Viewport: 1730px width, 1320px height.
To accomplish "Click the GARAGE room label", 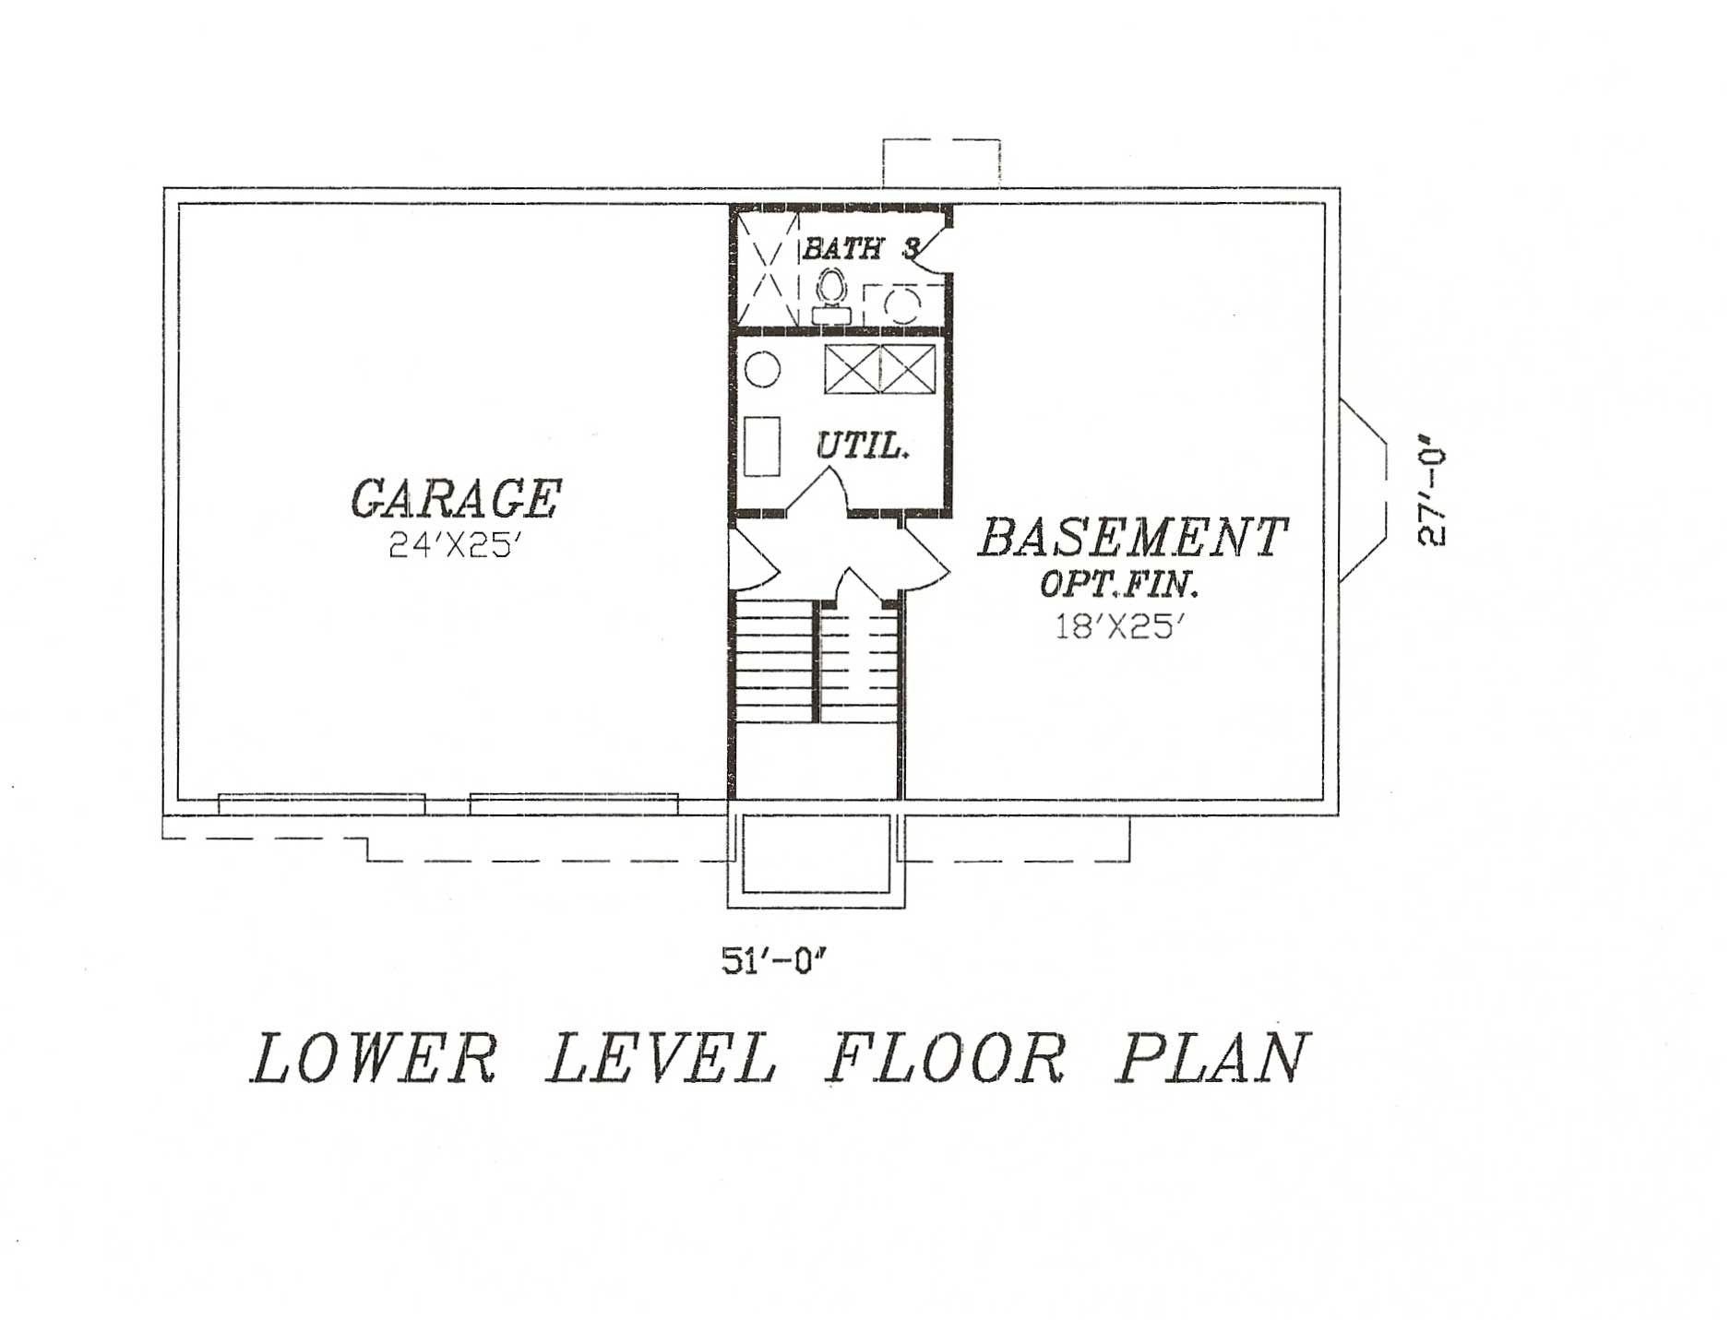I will (x=456, y=499).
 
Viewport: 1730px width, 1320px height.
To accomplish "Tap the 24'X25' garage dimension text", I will (x=450, y=547).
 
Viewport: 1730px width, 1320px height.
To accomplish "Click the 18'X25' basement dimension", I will (x=1118, y=627).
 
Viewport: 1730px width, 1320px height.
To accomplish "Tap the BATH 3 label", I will (x=860, y=248).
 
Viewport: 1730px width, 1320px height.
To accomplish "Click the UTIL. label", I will (x=863, y=446).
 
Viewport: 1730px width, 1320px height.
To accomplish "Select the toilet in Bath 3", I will (x=831, y=293).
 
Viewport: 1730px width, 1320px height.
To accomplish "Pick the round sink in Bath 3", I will (x=901, y=304).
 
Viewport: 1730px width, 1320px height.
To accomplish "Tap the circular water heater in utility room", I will (x=762, y=370).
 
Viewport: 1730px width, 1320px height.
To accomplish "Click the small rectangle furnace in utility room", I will (x=762, y=446).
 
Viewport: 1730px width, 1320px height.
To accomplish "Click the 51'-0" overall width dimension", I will (x=770, y=962).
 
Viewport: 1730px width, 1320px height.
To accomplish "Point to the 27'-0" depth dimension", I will (x=1432, y=498).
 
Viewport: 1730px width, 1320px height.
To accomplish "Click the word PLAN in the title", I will (x=1214, y=1058).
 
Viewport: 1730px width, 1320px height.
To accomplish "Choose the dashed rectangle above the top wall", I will (x=941, y=162).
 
